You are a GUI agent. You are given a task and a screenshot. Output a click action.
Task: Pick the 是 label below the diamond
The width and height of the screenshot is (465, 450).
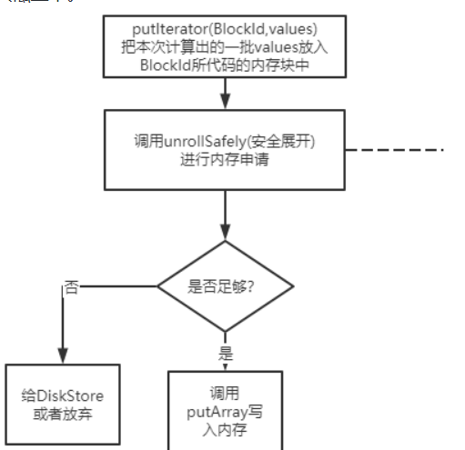[227, 351]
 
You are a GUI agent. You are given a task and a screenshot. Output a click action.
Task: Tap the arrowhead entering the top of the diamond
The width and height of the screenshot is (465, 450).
[225, 239]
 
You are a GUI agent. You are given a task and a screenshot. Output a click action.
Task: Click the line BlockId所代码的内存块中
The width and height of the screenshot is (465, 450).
[224, 65]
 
